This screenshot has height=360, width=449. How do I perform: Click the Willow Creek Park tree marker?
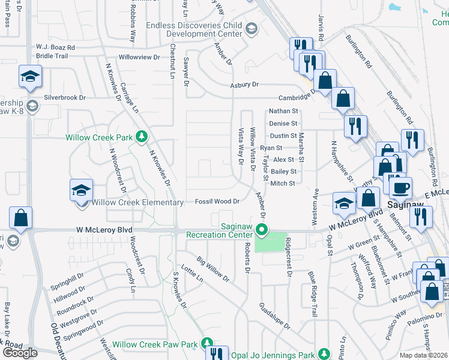(142, 137)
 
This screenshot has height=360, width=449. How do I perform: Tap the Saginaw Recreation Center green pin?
(261, 230)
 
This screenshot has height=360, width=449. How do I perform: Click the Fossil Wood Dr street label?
(217, 202)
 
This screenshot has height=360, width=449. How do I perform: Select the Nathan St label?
(283, 111)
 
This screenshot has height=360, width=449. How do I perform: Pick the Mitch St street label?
(283, 184)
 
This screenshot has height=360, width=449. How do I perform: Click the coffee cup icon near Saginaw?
(400, 188)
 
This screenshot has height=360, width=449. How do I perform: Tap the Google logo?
(20, 352)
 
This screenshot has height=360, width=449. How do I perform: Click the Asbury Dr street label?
(244, 85)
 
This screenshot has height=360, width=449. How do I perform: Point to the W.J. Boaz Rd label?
(55, 47)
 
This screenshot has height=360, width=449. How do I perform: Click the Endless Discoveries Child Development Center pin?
(251, 28)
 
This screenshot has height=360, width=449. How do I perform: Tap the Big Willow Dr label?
(213, 269)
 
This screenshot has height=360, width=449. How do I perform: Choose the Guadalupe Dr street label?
(275, 316)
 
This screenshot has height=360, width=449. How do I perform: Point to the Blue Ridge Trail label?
(312, 293)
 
